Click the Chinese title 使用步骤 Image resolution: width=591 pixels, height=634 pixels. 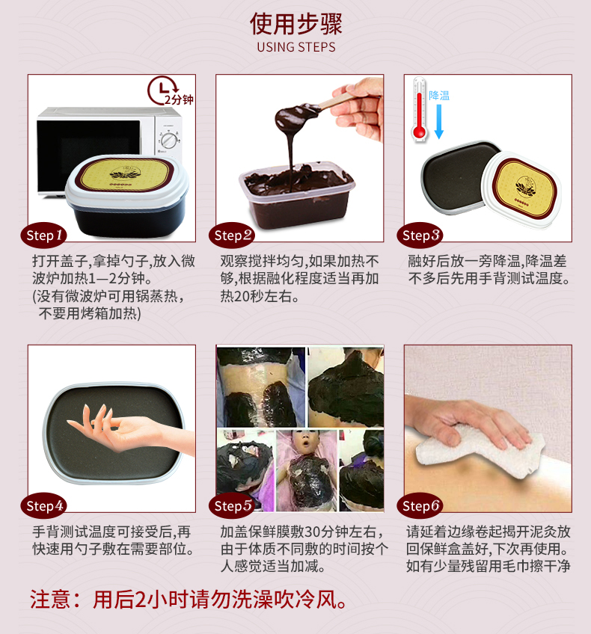tap(295, 23)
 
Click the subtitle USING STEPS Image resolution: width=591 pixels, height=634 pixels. tap(296, 47)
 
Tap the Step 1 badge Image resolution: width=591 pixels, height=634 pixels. tap(43, 235)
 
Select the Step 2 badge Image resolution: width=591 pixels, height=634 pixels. tap(232, 235)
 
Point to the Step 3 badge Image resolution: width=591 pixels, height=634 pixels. tap(420, 235)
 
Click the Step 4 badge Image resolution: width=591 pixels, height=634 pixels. tap(43, 505)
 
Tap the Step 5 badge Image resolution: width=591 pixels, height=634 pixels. tap(232, 505)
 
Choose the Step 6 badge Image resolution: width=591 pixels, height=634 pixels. tap(420, 505)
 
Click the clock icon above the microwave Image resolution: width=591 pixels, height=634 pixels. tap(162, 90)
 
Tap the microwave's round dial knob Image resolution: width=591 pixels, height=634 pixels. tap(169, 141)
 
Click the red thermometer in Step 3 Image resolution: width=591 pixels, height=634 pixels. tap(420, 109)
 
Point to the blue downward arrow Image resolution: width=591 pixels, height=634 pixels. tap(439, 121)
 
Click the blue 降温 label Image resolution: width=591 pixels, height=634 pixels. tap(439, 96)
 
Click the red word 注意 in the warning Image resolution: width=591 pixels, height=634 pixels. tap(50, 599)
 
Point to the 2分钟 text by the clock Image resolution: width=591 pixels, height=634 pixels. tap(179, 99)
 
